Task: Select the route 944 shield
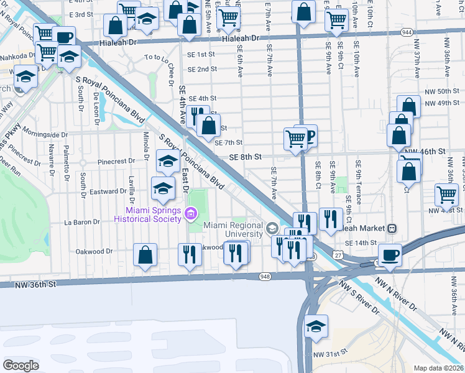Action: [407, 30]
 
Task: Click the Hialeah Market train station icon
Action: [393, 228]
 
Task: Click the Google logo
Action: [21, 365]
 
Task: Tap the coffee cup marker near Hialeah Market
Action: [390, 255]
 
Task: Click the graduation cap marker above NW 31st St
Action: [316, 326]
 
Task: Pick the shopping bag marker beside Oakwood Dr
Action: [145, 255]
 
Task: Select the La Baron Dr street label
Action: [83, 222]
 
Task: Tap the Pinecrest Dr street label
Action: [116, 161]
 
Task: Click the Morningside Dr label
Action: [45, 134]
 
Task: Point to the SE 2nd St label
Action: [202, 69]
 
